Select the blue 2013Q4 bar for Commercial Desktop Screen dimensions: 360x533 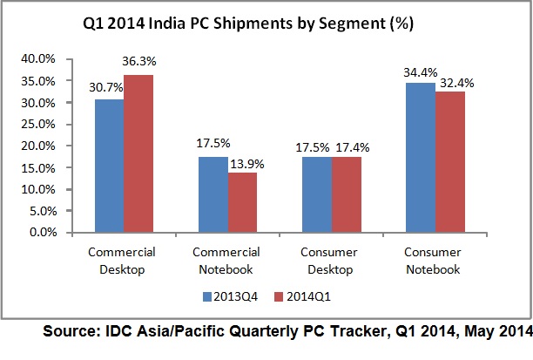point(109,166)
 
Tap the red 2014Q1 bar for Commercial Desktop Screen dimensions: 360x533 point(139,153)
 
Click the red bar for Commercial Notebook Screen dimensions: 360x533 point(241,202)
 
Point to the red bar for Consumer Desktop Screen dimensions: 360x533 point(345,194)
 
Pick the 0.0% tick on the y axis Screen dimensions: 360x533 point(53,233)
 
